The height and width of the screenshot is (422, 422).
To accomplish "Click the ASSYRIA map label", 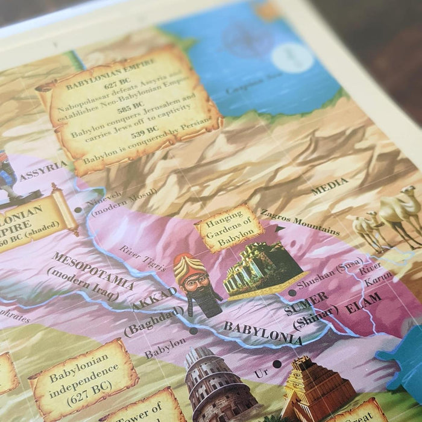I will click(43, 171).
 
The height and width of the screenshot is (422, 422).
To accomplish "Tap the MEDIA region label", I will click(329, 186).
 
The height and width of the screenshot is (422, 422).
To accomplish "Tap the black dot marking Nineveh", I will click(78, 210).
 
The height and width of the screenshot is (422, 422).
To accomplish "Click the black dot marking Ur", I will click(276, 364).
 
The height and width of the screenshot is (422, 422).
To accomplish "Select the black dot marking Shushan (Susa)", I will click(292, 293).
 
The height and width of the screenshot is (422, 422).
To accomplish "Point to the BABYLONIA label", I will click(262, 333).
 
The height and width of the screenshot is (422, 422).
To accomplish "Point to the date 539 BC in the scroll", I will click(145, 128).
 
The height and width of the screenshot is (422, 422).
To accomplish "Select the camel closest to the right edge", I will click(401, 214).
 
